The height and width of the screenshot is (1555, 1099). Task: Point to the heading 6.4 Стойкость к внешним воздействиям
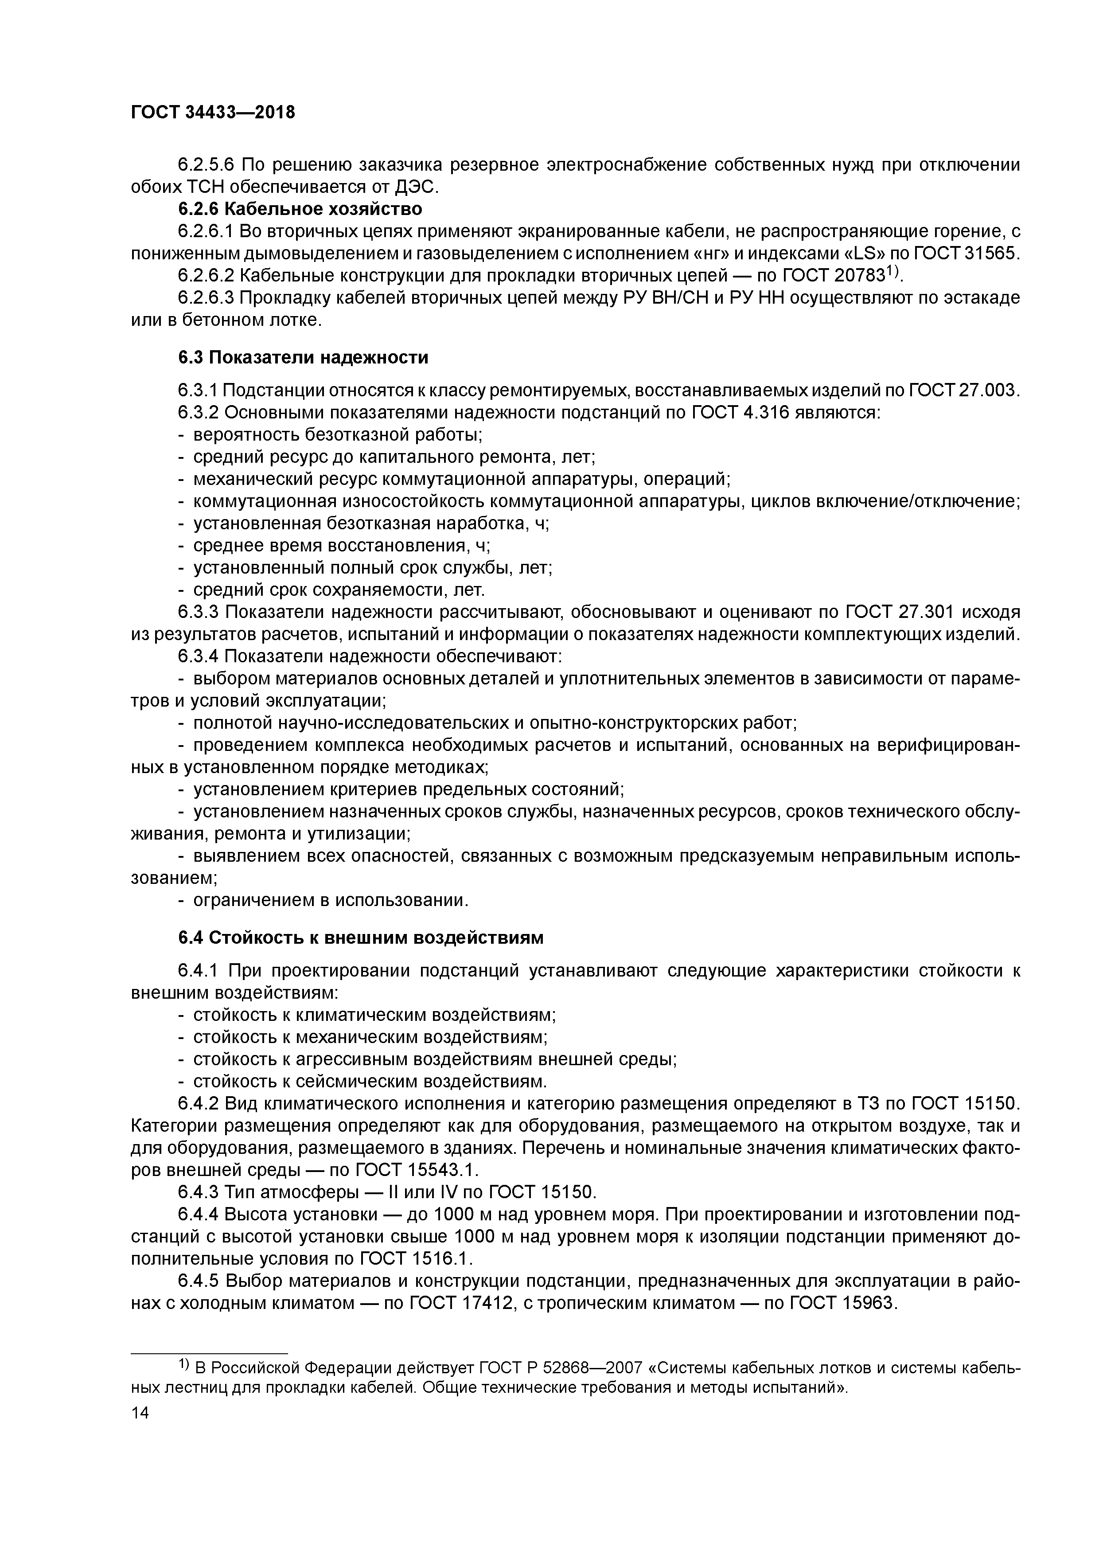pyautogui.click(x=361, y=938)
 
